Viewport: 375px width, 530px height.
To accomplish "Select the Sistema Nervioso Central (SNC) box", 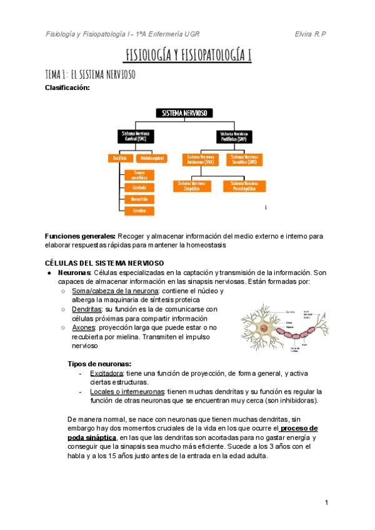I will (x=137, y=136).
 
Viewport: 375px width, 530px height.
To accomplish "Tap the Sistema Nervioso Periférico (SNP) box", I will (x=234, y=136).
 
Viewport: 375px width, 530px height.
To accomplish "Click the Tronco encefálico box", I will (x=139, y=175).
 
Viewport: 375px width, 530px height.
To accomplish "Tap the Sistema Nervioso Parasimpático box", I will (x=244, y=186).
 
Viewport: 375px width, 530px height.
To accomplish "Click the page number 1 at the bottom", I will (x=326, y=502).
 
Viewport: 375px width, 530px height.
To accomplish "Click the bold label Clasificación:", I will (x=67, y=87).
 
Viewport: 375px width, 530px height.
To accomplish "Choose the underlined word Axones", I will (x=84, y=327).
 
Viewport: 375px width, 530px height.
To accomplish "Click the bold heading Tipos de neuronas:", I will (x=99, y=364).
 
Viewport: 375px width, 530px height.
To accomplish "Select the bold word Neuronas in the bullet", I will (x=74, y=273).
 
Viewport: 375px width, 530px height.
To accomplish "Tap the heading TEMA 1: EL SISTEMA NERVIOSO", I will (x=90, y=74).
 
